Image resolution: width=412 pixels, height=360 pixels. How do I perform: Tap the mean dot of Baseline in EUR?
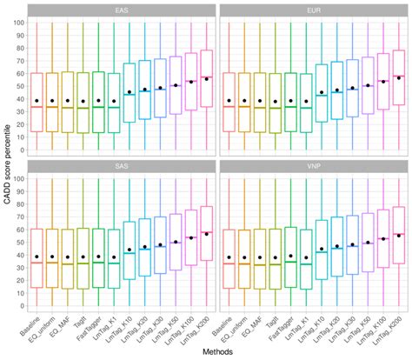(229, 101)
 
